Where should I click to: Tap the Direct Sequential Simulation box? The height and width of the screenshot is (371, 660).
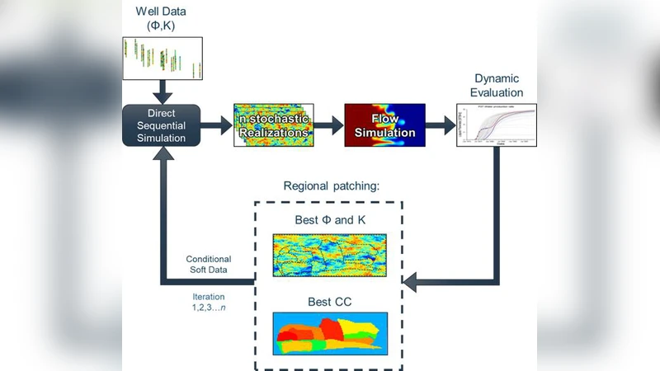162,126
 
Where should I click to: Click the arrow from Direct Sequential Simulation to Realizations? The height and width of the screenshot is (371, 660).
217,126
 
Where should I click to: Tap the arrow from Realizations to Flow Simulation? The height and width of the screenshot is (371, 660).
327,126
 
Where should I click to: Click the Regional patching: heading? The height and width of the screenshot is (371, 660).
331,185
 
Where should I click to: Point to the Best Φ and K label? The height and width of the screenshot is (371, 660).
329,221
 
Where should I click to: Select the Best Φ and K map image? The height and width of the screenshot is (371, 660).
329,255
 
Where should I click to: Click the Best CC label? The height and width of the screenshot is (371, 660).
329,302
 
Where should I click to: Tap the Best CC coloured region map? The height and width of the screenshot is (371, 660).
329,335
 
